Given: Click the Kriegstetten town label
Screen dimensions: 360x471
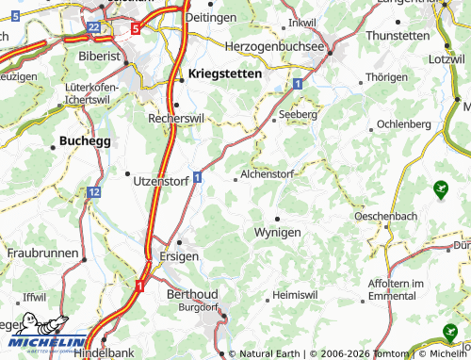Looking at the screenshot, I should pos(225,74).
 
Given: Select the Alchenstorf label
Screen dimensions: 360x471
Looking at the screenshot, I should pos(268,174).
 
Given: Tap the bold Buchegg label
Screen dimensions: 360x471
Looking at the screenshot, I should pos(85,140).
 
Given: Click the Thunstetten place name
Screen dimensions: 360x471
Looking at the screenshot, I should pos(397,35).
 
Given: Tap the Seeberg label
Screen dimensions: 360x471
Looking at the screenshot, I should pos(298,113).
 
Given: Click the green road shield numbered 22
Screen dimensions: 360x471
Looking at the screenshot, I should pos(93,28).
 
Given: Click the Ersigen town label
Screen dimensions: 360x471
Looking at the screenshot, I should pos(180,256).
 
